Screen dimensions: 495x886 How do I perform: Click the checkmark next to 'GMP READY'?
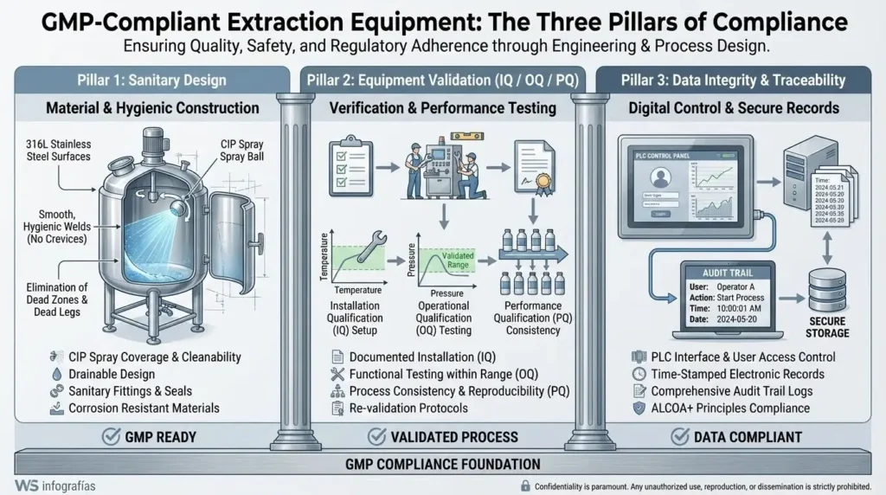tap(111, 437)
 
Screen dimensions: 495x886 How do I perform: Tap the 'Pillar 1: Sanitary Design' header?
tap(151, 80)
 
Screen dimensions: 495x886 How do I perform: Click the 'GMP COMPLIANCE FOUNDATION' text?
tap(442, 464)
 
